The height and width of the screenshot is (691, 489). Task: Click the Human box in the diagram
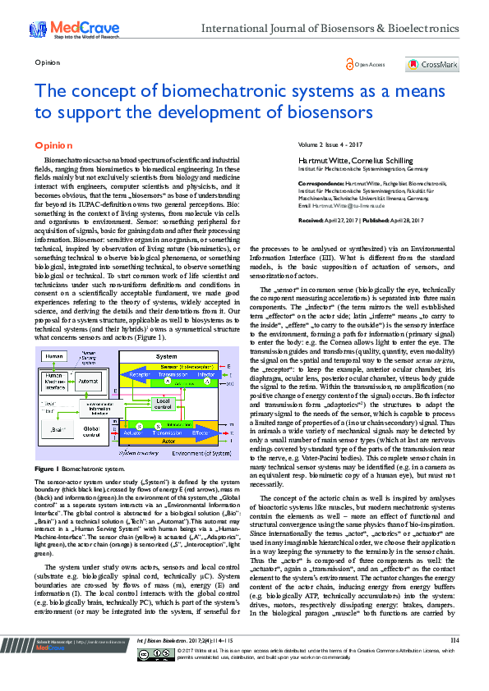[55, 357]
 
